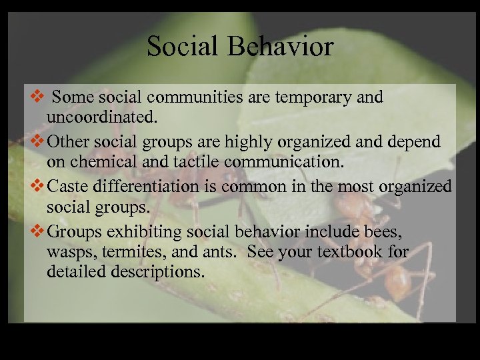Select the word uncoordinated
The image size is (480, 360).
pos(102,118)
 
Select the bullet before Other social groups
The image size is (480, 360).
pos(39,142)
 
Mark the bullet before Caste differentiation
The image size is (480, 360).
pos(39,187)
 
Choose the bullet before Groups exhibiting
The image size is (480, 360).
pos(39,231)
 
